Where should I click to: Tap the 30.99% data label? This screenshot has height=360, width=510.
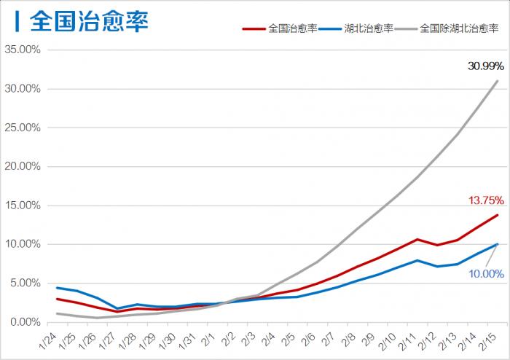486,66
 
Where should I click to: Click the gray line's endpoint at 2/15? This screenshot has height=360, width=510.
498,81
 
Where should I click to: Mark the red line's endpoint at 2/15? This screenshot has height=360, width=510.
498,215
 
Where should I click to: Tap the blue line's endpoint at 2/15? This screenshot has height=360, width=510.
498,244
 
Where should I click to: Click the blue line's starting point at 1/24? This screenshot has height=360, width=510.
57,288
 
